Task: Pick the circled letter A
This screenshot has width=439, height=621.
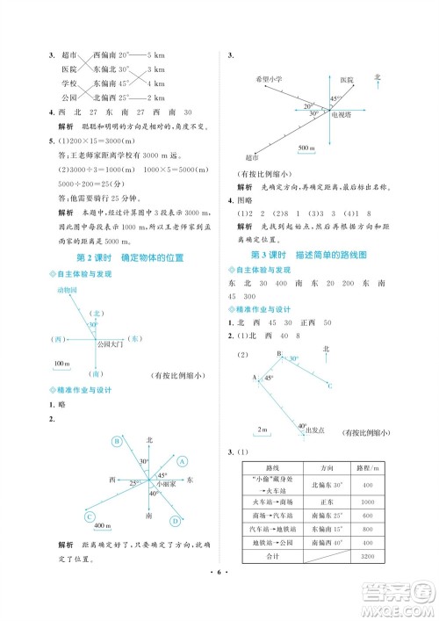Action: (182, 459)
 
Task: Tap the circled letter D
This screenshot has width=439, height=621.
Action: (175, 521)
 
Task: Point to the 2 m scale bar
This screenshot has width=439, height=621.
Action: (262, 429)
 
